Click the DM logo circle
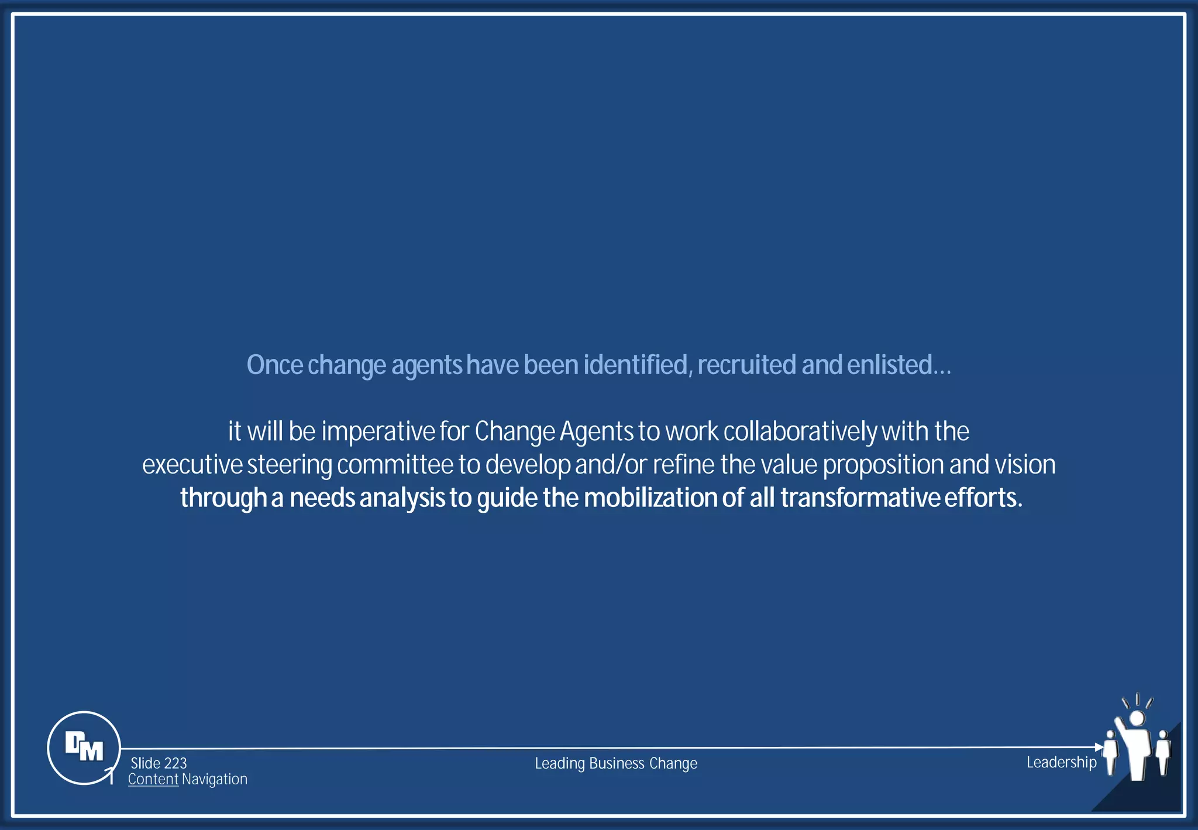(x=84, y=747)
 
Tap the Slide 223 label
(x=159, y=763)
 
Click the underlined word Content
(x=153, y=779)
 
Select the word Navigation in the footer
(x=215, y=779)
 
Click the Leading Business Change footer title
(x=616, y=763)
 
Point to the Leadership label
(x=1061, y=762)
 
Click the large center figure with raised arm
(x=1136, y=746)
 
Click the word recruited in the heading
(x=746, y=365)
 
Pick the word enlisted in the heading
(x=889, y=365)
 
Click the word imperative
(x=377, y=432)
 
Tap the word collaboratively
(x=800, y=432)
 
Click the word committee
(x=395, y=465)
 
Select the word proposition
(x=883, y=465)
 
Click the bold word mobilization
(x=650, y=498)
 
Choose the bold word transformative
(x=860, y=498)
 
